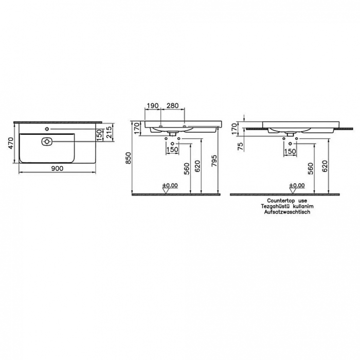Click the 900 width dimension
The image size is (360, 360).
click(57, 168)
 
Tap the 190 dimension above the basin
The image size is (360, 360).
click(152, 105)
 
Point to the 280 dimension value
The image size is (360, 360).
click(173, 105)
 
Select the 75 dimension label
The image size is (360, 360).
click(241, 146)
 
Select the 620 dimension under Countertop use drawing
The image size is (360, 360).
click(325, 167)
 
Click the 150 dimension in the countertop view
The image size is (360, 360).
click(290, 151)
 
